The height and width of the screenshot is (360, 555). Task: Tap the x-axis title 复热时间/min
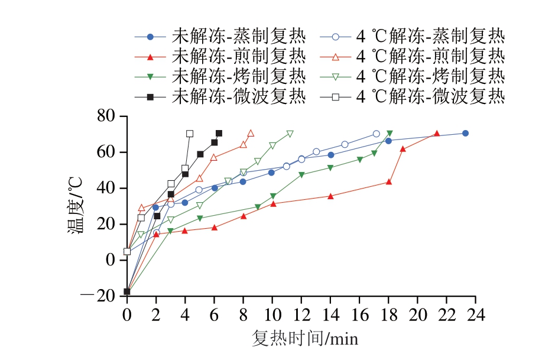click(305, 339)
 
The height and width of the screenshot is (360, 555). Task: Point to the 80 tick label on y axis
click(110, 116)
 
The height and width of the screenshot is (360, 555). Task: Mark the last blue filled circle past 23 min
click(465, 133)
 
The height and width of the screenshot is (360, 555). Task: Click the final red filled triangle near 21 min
click(437, 134)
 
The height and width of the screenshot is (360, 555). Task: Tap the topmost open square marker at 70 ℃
click(190, 134)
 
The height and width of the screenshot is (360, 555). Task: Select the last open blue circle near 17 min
click(377, 134)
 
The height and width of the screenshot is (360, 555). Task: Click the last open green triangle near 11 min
click(290, 134)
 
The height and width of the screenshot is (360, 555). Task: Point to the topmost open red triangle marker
click(251, 133)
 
